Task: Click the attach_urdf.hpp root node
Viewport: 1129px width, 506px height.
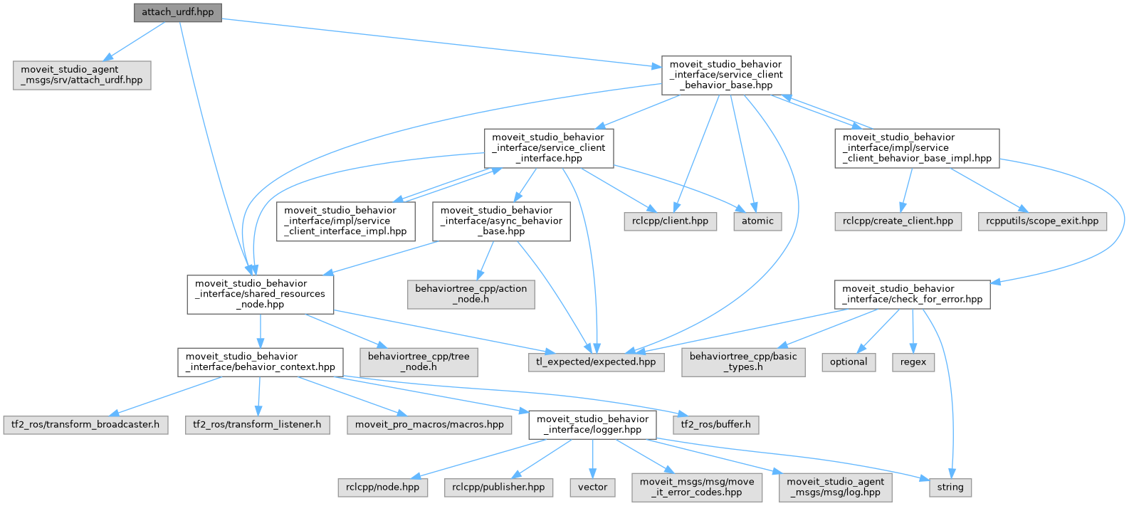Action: tap(177, 12)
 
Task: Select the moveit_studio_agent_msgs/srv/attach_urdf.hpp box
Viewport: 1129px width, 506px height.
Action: tap(82, 75)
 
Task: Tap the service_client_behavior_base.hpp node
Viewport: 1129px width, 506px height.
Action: tap(726, 75)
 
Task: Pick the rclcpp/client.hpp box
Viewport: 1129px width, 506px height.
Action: tap(670, 221)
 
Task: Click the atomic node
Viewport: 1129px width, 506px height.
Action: tap(757, 221)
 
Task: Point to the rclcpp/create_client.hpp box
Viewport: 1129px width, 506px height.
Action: tap(898, 221)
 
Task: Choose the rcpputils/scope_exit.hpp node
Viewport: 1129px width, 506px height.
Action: tap(1042, 221)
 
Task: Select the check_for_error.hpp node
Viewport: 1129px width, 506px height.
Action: tap(912, 295)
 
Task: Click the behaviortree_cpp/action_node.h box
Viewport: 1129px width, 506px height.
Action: tap(471, 295)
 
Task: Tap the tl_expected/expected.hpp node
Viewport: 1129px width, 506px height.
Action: tap(596, 362)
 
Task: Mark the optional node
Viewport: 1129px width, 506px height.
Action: tap(849, 362)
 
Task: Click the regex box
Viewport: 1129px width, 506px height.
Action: tap(913, 362)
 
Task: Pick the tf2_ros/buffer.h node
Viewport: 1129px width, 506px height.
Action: tap(715, 424)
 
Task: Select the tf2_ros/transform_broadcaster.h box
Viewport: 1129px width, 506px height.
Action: tap(85, 424)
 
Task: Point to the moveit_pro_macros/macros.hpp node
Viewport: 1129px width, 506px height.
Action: tap(429, 424)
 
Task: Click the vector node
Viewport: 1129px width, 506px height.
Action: tap(592, 487)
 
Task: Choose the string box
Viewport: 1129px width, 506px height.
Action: tap(950, 487)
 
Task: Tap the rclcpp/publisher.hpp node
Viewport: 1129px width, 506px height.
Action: tap(498, 487)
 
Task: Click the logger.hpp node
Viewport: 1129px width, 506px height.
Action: tap(592, 424)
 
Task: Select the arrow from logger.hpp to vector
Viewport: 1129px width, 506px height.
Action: tap(592, 458)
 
